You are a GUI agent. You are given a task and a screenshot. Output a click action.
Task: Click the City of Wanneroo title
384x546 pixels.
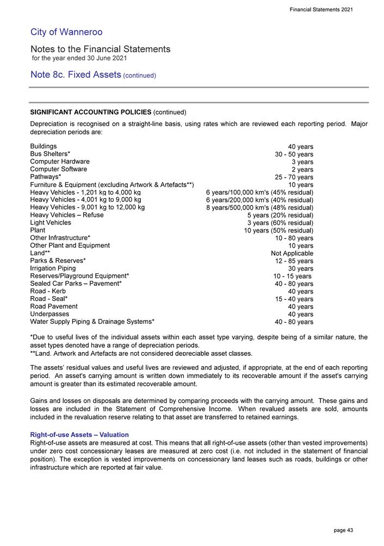pos(66,33)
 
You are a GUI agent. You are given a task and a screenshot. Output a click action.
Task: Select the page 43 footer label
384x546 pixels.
pos(344,530)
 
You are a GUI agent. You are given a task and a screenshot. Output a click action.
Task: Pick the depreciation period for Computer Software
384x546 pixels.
pos(302,170)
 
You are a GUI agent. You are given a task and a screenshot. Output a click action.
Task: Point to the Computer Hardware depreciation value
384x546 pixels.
pos(302,162)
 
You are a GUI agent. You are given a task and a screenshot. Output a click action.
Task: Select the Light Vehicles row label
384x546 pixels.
pos(51,223)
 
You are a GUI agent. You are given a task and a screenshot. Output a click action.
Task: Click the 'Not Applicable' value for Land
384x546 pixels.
pos(292,253)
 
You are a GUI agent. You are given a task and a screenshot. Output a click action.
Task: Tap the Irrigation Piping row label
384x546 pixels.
pos(53,268)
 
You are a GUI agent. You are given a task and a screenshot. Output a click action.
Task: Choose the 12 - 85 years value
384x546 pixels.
pos(294,261)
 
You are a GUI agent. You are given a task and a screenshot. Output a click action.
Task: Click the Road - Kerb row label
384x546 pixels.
pos(48,291)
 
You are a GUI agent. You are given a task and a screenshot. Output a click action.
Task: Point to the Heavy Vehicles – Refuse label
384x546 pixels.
pos(67,215)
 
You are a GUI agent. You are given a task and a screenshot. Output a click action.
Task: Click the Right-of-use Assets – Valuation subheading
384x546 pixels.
pos(79,435)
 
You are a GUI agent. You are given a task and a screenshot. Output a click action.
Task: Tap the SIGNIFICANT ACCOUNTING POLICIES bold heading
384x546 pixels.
pos(90,112)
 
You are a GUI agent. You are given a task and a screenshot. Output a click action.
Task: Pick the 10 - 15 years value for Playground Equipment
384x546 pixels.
pos(293,276)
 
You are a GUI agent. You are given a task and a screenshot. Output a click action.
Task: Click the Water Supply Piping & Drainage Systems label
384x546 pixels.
pos(92,322)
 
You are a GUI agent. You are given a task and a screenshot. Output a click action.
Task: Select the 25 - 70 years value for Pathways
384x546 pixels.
pos(294,177)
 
